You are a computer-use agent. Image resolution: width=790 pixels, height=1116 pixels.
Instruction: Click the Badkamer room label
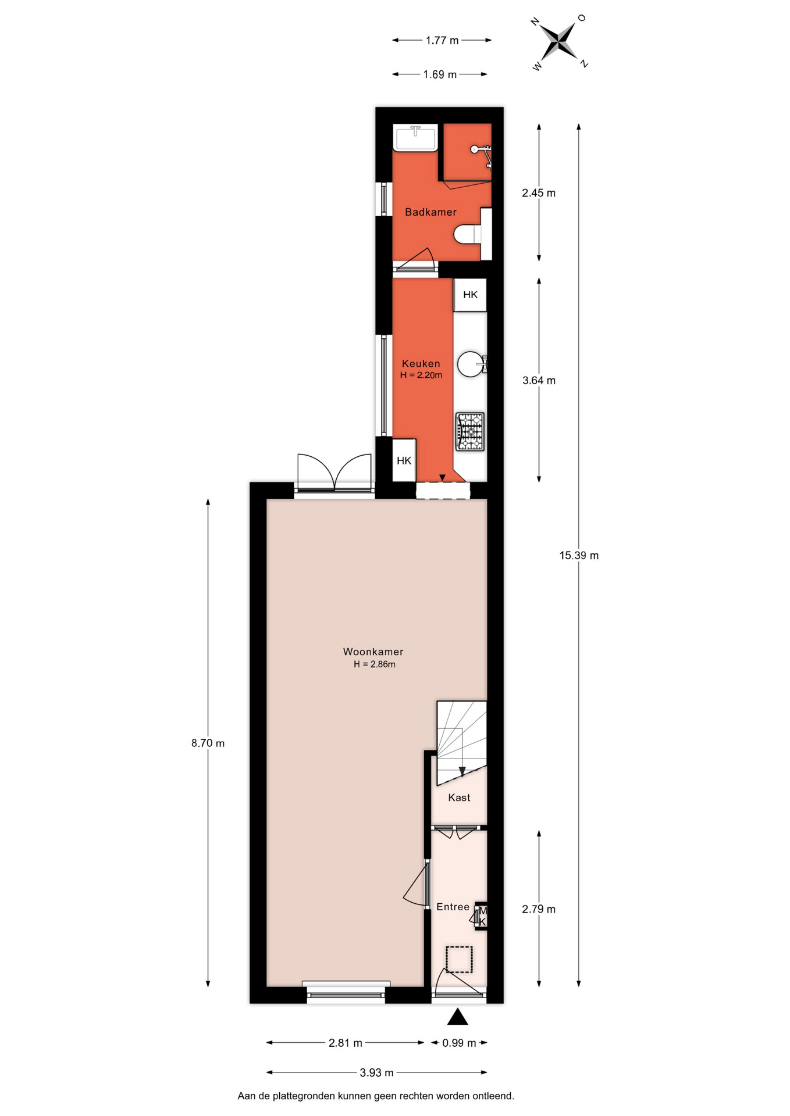(x=430, y=212)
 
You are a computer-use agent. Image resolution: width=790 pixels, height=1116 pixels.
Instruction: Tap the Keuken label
(x=421, y=364)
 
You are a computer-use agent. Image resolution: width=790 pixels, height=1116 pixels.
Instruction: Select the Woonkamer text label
(x=373, y=652)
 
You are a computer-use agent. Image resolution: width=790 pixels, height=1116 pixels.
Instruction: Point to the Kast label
(x=459, y=797)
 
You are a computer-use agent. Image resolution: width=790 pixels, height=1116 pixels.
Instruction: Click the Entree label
(x=453, y=907)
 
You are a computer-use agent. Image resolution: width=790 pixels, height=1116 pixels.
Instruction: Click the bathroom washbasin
(x=415, y=138)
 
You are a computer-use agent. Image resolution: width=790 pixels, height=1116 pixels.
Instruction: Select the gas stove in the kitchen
(x=470, y=431)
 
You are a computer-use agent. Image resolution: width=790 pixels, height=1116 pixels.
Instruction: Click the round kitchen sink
(x=469, y=364)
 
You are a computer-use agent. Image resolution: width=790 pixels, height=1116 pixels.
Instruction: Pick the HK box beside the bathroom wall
(x=470, y=295)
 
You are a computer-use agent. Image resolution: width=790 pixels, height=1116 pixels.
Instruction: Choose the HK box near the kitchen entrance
(x=404, y=460)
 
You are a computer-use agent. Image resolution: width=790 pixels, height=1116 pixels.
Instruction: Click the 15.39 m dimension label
(x=579, y=556)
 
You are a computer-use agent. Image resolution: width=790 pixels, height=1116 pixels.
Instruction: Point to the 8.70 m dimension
(x=208, y=743)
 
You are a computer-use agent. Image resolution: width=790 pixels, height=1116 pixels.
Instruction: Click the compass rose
(x=560, y=42)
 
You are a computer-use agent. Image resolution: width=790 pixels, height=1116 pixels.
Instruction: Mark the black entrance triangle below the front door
(x=458, y=1017)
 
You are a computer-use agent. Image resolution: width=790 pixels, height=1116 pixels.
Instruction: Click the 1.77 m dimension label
(x=442, y=41)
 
